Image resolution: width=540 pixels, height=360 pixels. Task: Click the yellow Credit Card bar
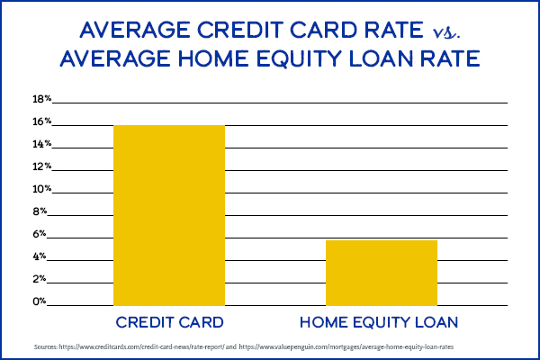click(x=168, y=216)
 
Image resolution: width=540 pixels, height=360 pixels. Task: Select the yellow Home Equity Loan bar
click(x=381, y=274)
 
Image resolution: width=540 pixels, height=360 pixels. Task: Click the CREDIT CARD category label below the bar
click(x=168, y=321)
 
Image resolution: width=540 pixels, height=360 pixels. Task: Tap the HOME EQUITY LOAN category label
click(x=381, y=321)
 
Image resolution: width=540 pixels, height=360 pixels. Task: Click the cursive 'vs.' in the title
click(x=444, y=32)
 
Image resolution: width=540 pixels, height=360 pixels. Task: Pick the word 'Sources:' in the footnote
click(x=46, y=346)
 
